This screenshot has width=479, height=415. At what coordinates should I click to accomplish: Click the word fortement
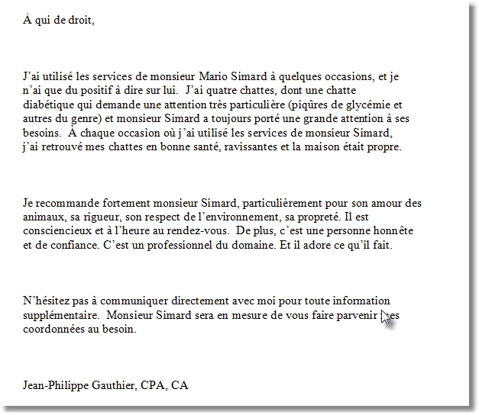[x=112, y=204]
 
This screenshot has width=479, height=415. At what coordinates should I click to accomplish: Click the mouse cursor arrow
[x=385, y=317]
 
